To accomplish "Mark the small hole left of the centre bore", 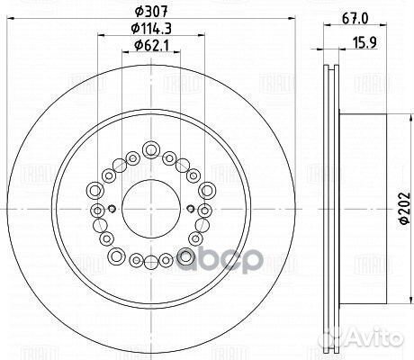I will pyautogui.click(x=111, y=211).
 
